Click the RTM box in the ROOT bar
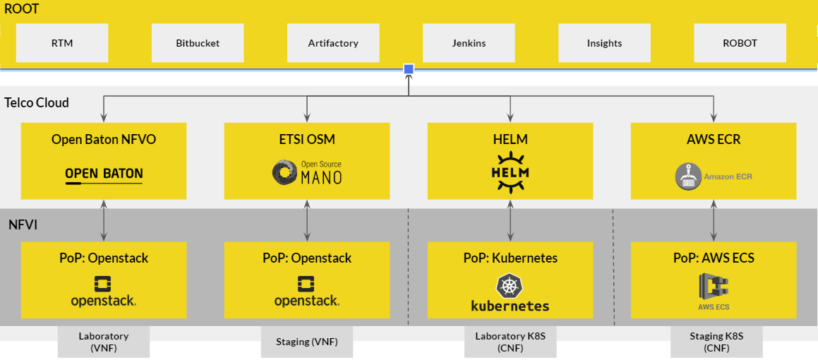click(x=62, y=43)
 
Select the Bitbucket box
click(x=198, y=43)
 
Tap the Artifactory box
click(x=333, y=43)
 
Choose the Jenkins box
click(x=469, y=43)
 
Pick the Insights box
click(x=604, y=43)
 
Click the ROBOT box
click(x=740, y=43)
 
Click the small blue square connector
click(x=409, y=69)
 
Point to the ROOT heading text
click(x=21, y=9)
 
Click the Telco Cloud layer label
click(x=37, y=103)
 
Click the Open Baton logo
click(x=104, y=175)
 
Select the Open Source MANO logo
click(x=307, y=173)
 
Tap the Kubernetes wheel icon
click(x=510, y=285)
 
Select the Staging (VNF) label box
click(x=307, y=342)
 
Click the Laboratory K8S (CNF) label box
click(x=510, y=342)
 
